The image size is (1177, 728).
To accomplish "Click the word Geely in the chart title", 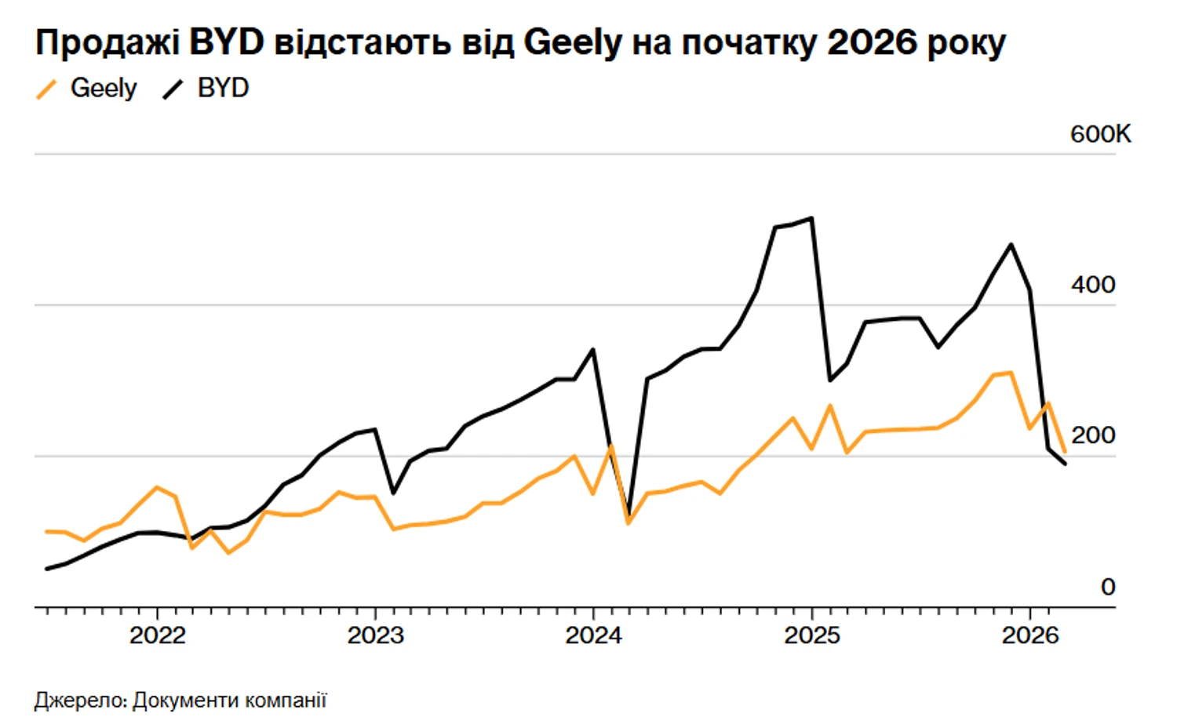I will [x=572, y=42].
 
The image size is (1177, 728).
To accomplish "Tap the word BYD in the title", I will [x=227, y=42].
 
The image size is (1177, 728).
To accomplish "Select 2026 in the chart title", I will [x=872, y=42].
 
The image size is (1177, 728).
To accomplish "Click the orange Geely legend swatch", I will [x=47, y=89].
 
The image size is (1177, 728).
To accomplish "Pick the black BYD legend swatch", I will [x=173, y=89].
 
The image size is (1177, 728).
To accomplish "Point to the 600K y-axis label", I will [x=1100, y=134].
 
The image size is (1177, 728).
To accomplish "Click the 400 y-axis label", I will [x=1092, y=285].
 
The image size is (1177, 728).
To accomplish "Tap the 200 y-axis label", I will [x=1092, y=435].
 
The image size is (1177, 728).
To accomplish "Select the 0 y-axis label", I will [x=1107, y=587].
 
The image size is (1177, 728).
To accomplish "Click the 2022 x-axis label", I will [x=158, y=635].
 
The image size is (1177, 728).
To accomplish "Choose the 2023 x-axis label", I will [x=375, y=635].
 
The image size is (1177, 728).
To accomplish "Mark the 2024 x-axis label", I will [x=593, y=635].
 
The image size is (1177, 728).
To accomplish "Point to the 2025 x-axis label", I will [x=811, y=635].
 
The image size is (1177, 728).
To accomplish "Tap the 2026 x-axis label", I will [x=1029, y=635].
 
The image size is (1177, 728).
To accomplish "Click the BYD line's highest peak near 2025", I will [x=811, y=218].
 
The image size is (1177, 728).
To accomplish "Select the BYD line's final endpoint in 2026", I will [x=1065, y=464].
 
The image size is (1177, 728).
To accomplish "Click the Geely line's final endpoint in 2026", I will [x=1065, y=452].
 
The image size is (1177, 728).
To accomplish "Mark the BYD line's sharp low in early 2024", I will [x=629, y=514].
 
